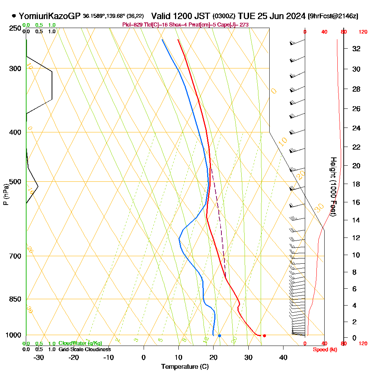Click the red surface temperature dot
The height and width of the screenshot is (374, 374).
pyautogui.click(x=264, y=335)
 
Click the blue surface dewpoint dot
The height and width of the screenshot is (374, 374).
pyautogui.click(x=220, y=335)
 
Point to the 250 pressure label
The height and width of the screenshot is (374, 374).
pyautogui.click(x=15, y=28)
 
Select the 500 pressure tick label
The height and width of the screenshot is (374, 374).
pyautogui.click(x=15, y=182)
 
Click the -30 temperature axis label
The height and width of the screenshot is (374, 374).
pyautogui.click(x=39, y=357)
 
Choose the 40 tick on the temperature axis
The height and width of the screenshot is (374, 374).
pyautogui.click(x=283, y=357)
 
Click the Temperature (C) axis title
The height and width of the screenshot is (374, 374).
pyautogui.click(x=185, y=367)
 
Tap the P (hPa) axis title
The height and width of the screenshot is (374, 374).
pyautogui.click(x=6, y=194)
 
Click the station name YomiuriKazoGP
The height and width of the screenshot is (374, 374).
pyautogui.click(x=49, y=16)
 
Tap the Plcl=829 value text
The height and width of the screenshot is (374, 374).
pyautogui.click(x=132, y=25)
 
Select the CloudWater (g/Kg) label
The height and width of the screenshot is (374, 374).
pyautogui.click(x=80, y=343)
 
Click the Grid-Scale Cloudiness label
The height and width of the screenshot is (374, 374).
pyautogui.click(x=85, y=349)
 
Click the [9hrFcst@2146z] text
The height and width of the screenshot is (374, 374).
pyautogui.click(x=333, y=16)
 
